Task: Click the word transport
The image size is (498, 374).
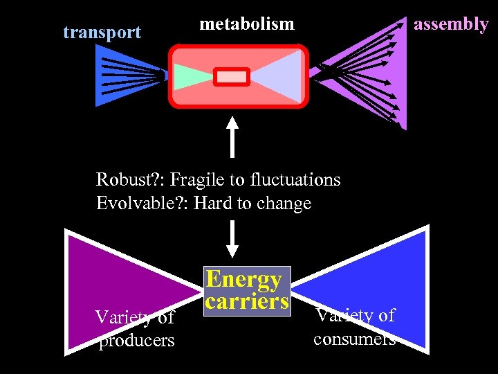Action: point(102,32)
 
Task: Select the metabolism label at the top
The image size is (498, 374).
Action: point(247,24)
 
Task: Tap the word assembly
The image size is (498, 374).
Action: point(450,24)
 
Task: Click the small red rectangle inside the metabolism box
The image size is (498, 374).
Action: point(231,76)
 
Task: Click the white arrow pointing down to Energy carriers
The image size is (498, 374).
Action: point(232,239)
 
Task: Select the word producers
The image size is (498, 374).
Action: point(136,341)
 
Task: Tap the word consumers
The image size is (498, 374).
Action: point(354,339)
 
